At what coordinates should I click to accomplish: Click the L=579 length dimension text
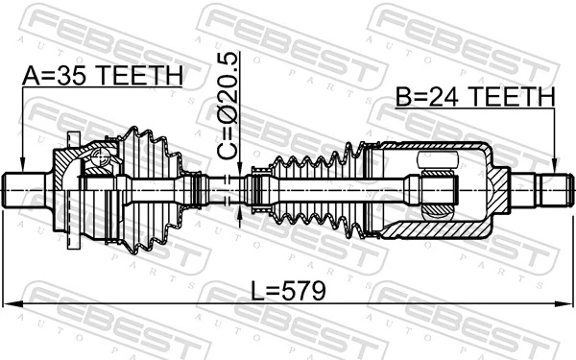tap(287, 289)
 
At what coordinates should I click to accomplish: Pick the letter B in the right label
tap(402, 97)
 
